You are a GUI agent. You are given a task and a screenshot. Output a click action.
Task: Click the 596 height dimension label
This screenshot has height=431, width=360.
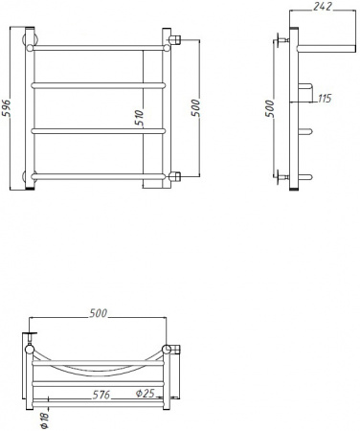click(8, 109)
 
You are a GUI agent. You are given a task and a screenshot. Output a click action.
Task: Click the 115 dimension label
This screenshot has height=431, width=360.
click(325, 99)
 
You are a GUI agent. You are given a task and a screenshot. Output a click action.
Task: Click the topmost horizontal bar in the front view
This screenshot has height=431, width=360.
click(96, 44)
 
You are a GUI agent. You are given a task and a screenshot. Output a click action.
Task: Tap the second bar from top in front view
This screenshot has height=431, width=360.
click(96, 84)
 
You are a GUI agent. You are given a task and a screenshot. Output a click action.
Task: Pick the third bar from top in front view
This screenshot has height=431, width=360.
click(96, 129)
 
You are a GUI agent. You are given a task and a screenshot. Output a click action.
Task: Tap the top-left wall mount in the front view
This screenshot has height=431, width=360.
click(30, 41)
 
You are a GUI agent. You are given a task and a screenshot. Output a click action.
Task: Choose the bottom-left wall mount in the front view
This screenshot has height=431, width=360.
click(30, 176)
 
